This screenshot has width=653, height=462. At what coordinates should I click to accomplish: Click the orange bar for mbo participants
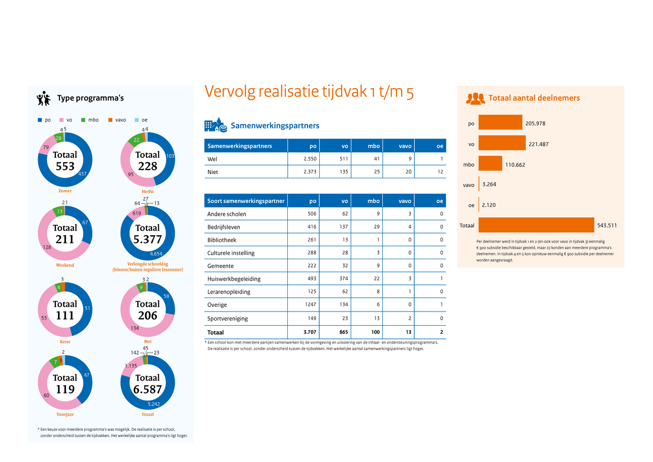point(490,164)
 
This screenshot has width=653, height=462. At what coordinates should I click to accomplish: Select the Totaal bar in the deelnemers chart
point(536,225)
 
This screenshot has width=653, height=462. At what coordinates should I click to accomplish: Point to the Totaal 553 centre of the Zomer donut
point(65,161)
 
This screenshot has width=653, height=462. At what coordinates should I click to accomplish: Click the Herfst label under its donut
point(147,191)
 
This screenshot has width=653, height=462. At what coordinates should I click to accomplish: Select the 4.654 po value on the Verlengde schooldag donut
point(156,253)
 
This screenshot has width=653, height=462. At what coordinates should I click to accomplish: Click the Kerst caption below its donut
point(65,342)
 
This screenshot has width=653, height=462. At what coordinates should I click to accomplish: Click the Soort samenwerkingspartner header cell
point(246,201)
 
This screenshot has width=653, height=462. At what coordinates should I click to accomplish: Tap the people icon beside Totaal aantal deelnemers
point(475,98)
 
